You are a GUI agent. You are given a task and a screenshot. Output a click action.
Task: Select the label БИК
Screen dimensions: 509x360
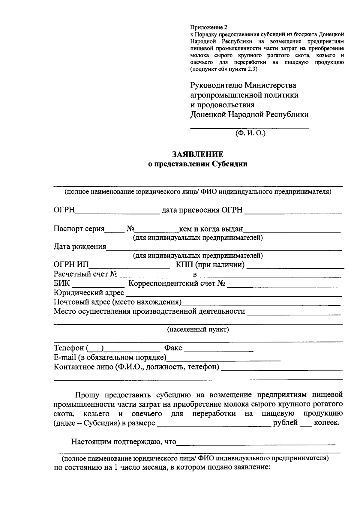tap(61, 283)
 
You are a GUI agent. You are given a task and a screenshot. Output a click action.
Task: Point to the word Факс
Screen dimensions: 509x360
tap(173, 348)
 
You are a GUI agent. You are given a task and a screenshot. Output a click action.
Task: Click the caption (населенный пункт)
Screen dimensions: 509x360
tap(198, 329)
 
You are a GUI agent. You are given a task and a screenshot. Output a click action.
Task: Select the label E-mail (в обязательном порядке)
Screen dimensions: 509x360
tap(110, 358)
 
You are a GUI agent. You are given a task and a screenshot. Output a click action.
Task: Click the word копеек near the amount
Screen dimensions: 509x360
tap(326, 423)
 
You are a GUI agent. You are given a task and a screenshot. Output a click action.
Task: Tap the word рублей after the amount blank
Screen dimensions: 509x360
tap(285, 423)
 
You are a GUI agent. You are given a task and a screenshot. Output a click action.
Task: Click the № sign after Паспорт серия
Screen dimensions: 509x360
tap(130, 229)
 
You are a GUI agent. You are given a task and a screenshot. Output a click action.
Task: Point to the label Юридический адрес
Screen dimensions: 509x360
tap(89, 293)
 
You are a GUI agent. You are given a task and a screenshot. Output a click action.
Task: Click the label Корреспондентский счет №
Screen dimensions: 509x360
tap(177, 283)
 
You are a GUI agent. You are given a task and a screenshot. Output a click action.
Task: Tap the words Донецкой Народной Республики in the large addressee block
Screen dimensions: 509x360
tap(249, 115)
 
